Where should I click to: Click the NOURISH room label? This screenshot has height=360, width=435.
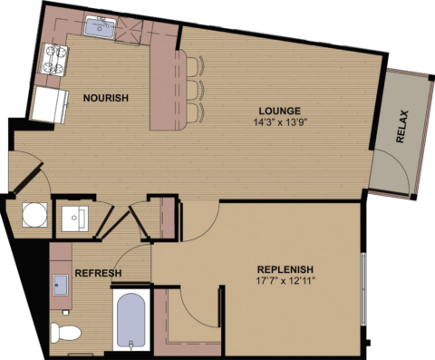106,98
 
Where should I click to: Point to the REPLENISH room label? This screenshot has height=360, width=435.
285,269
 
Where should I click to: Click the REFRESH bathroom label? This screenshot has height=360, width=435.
98,273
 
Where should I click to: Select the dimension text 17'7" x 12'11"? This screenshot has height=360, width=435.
285,283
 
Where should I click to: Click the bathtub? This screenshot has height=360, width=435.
131,321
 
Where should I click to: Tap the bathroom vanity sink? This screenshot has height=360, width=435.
62,286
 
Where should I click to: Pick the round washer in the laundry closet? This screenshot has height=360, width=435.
34,217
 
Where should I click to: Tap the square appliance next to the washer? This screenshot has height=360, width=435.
73,218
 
